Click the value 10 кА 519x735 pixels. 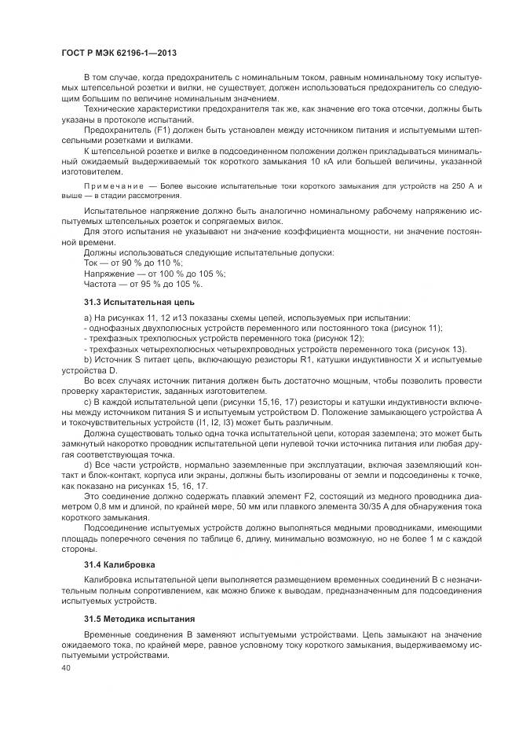pyautogui.click(x=364, y=161)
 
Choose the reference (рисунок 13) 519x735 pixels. pyautogui.click(x=439, y=348)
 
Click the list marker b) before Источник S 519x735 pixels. pyautogui.click(x=88, y=358)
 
